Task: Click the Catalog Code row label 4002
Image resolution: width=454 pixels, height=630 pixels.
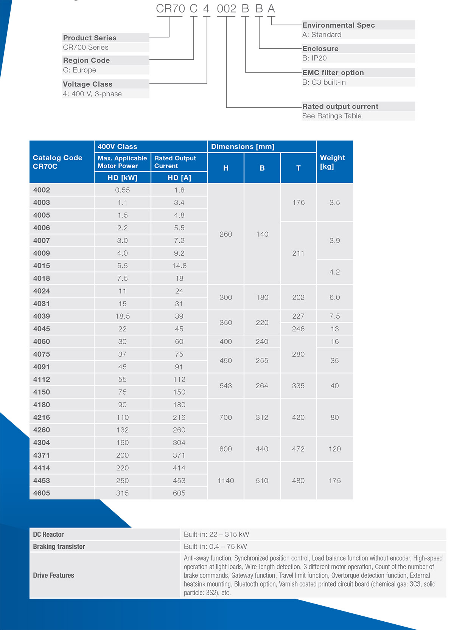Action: tap(42, 190)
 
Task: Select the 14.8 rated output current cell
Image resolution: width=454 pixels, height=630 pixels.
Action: tap(179, 266)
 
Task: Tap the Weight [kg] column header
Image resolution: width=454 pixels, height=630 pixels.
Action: tap(333, 162)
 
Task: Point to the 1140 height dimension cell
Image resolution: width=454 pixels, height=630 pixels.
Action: tap(226, 481)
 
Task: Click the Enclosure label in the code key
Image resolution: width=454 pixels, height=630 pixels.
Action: tap(320, 48)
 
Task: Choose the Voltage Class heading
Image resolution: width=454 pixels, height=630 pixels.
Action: tap(88, 84)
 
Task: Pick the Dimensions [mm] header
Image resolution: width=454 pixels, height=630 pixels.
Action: tap(243, 146)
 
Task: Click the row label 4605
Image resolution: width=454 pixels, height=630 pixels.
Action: tap(42, 493)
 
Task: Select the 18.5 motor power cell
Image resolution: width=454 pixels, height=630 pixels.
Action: tap(123, 316)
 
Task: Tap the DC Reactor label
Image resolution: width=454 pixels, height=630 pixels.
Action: tap(48, 534)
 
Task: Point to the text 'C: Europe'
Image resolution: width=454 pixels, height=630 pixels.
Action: tap(79, 70)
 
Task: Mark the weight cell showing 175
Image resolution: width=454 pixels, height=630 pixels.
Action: tap(335, 481)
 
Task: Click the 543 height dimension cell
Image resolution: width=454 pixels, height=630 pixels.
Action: tap(226, 386)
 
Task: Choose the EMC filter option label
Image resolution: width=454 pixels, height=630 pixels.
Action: tap(333, 73)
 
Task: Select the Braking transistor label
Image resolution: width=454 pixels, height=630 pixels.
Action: tap(59, 546)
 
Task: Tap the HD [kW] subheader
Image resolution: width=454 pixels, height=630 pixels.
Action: tap(123, 178)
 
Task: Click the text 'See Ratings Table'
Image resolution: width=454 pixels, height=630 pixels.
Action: tap(332, 116)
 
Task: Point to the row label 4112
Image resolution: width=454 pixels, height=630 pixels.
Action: tap(42, 379)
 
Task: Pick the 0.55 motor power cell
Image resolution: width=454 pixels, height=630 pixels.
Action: tap(123, 190)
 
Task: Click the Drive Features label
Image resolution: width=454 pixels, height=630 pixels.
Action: tap(54, 575)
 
